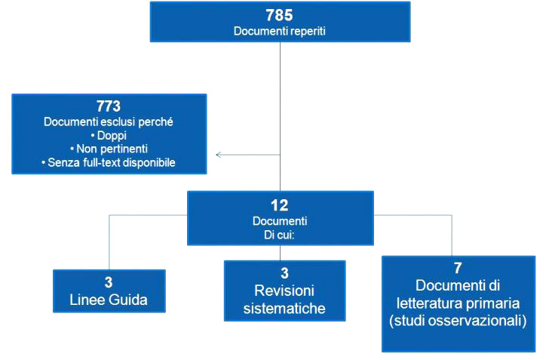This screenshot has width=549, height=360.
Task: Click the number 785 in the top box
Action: [x=279, y=15]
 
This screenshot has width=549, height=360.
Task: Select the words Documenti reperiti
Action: [x=279, y=31]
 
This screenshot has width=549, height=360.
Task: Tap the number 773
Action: [x=109, y=106]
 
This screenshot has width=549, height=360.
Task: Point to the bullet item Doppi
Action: [x=109, y=135]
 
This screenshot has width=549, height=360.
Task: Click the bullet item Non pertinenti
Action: [x=109, y=149]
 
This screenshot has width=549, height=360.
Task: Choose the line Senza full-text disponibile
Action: [x=109, y=163]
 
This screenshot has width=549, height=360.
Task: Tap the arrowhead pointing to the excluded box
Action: [x=219, y=155]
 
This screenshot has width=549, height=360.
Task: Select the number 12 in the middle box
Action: [x=279, y=205]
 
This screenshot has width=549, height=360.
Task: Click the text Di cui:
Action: [x=279, y=235]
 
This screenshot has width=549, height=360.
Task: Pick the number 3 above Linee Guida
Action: [x=109, y=282]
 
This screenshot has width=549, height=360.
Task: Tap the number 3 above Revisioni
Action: [x=284, y=273]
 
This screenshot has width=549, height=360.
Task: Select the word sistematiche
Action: [x=284, y=309]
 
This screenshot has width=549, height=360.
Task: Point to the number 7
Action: [x=458, y=268]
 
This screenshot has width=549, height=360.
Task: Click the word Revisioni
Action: [x=284, y=291]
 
